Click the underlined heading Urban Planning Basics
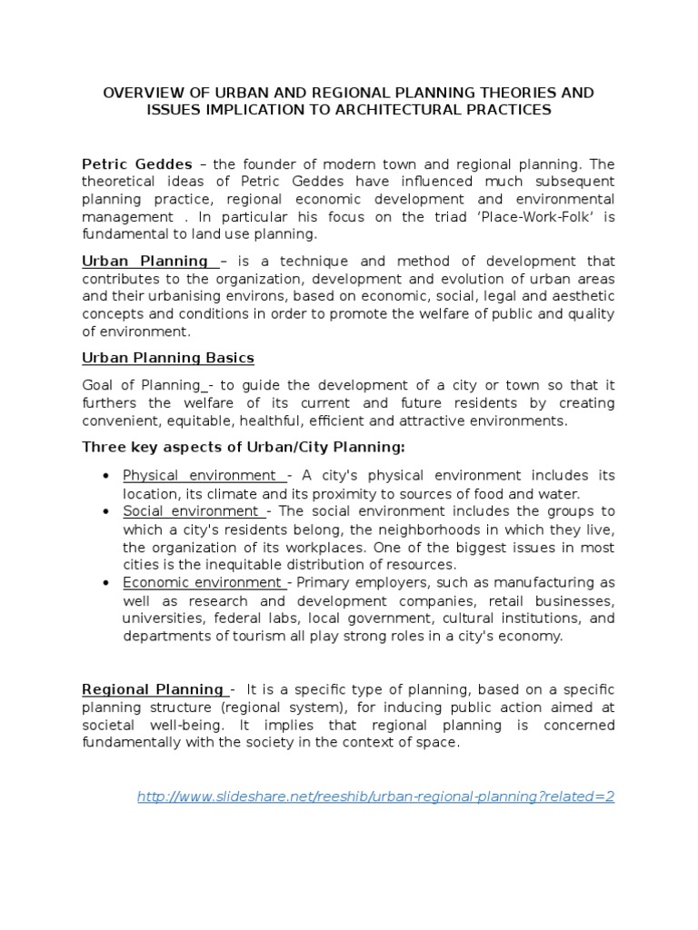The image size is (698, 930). [x=168, y=358]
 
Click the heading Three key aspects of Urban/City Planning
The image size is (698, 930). [x=244, y=447]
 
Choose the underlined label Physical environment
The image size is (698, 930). [x=200, y=476]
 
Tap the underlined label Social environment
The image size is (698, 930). [x=191, y=511]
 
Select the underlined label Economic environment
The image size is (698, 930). [x=204, y=582]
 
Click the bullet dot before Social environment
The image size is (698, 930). [x=107, y=512]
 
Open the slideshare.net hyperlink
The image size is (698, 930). [x=375, y=796]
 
